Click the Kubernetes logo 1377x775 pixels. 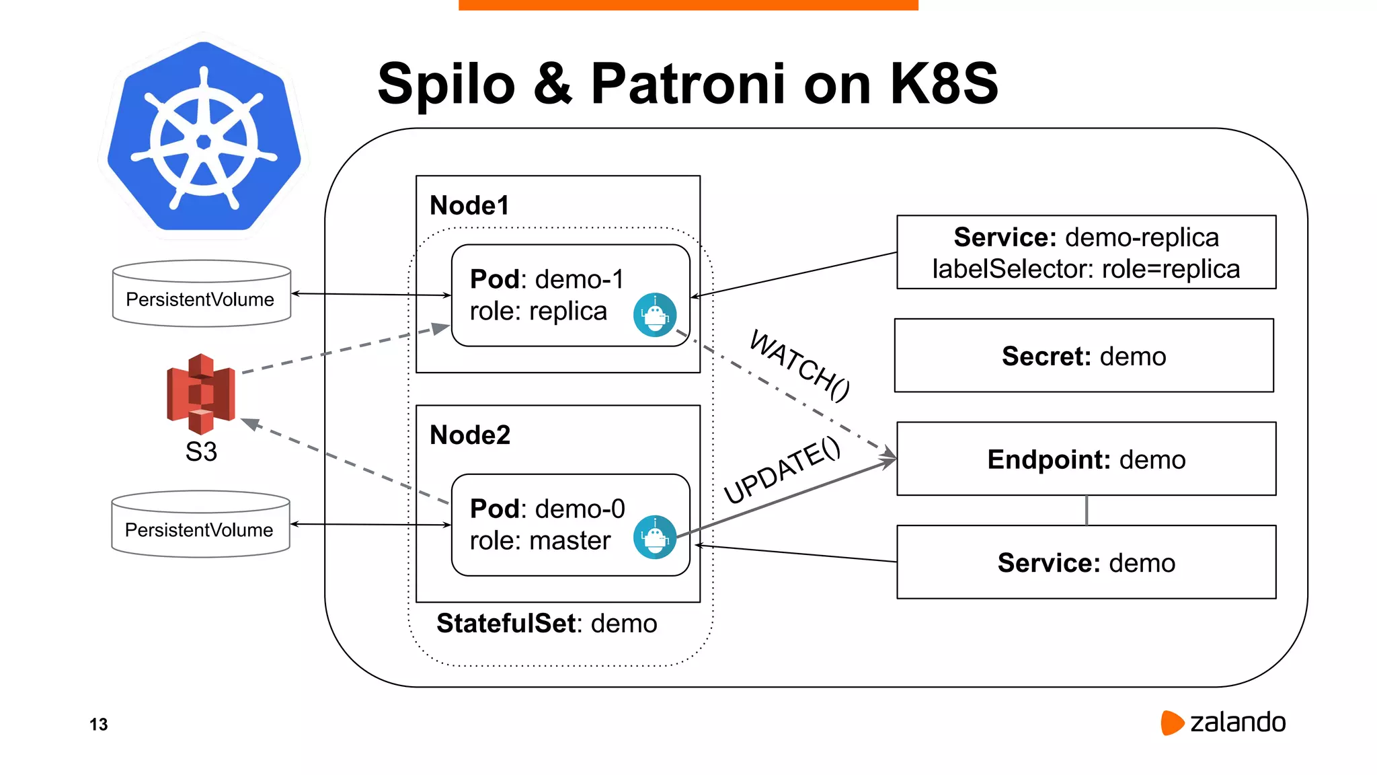pyautogui.click(x=204, y=138)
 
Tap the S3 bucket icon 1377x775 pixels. pyautogui.click(x=200, y=394)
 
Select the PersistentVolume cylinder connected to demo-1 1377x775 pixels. pyautogui.click(x=201, y=294)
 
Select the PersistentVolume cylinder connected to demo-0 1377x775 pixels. pyautogui.click(x=200, y=525)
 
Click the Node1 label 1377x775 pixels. pyautogui.click(x=469, y=205)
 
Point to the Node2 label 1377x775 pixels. pyautogui.click(x=470, y=435)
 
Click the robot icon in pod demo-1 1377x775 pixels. pyautogui.click(x=654, y=314)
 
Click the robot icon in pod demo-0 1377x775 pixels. pyautogui.click(x=654, y=537)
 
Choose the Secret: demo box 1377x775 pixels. pyautogui.click(x=1084, y=356)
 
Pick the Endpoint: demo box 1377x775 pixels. pyautogui.click(x=1086, y=459)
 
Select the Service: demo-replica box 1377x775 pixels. pyautogui.click(x=1086, y=252)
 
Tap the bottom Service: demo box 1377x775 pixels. pyautogui.click(x=1086, y=562)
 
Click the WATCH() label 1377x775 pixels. pyautogui.click(x=799, y=365)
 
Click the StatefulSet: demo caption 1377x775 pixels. pyautogui.click(x=547, y=624)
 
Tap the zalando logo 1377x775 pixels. pyautogui.click(x=1223, y=723)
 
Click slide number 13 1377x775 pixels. pyautogui.click(x=99, y=725)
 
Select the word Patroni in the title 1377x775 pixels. pyautogui.click(x=688, y=84)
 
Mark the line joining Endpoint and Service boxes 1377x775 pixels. pyautogui.click(x=1087, y=511)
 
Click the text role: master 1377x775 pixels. pyautogui.click(x=540, y=541)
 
